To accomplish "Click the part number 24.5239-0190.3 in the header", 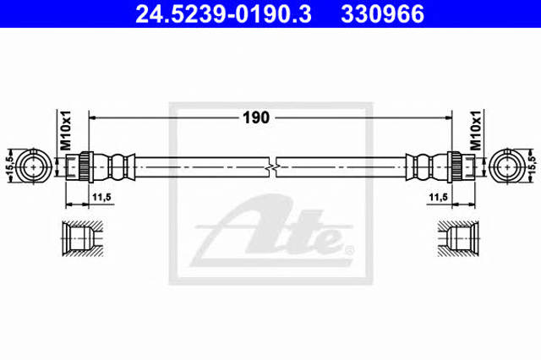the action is pyautogui.click(x=223, y=14).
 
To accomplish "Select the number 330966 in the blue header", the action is pyautogui.click(x=382, y=14).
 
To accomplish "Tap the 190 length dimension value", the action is pyautogui.click(x=256, y=118).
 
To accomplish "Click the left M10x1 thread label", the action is pyautogui.click(x=66, y=130).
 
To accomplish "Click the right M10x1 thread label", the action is pyautogui.click(x=475, y=130).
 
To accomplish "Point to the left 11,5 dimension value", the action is pyautogui.click(x=101, y=197).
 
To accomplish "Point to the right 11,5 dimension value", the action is pyautogui.click(x=439, y=197).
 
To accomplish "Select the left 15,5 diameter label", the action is pyautogui.click(x=9, y=166).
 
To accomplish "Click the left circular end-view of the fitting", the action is pyautogui.click(x=34, y=166).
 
